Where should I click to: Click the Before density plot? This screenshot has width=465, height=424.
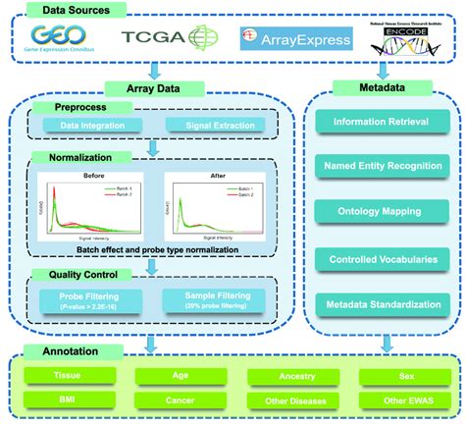pos(90,202)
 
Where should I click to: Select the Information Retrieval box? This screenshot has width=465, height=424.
pos(379,123)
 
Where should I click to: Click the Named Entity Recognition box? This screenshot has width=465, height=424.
pos(379,167)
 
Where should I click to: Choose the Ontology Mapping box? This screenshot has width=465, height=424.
pos(379,210)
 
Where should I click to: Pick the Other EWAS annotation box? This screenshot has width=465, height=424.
pos(399,401)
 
